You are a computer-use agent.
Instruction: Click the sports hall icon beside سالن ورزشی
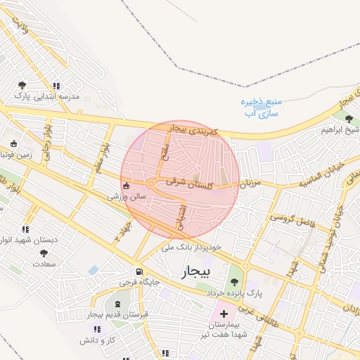tap(126, 186)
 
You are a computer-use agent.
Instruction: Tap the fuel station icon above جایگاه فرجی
tap(139, 272)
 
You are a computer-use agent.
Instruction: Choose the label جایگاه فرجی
tap(141, 283)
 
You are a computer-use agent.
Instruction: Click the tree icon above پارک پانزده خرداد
tap(234, 281)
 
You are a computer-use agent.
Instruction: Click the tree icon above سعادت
tap(44, 253)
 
